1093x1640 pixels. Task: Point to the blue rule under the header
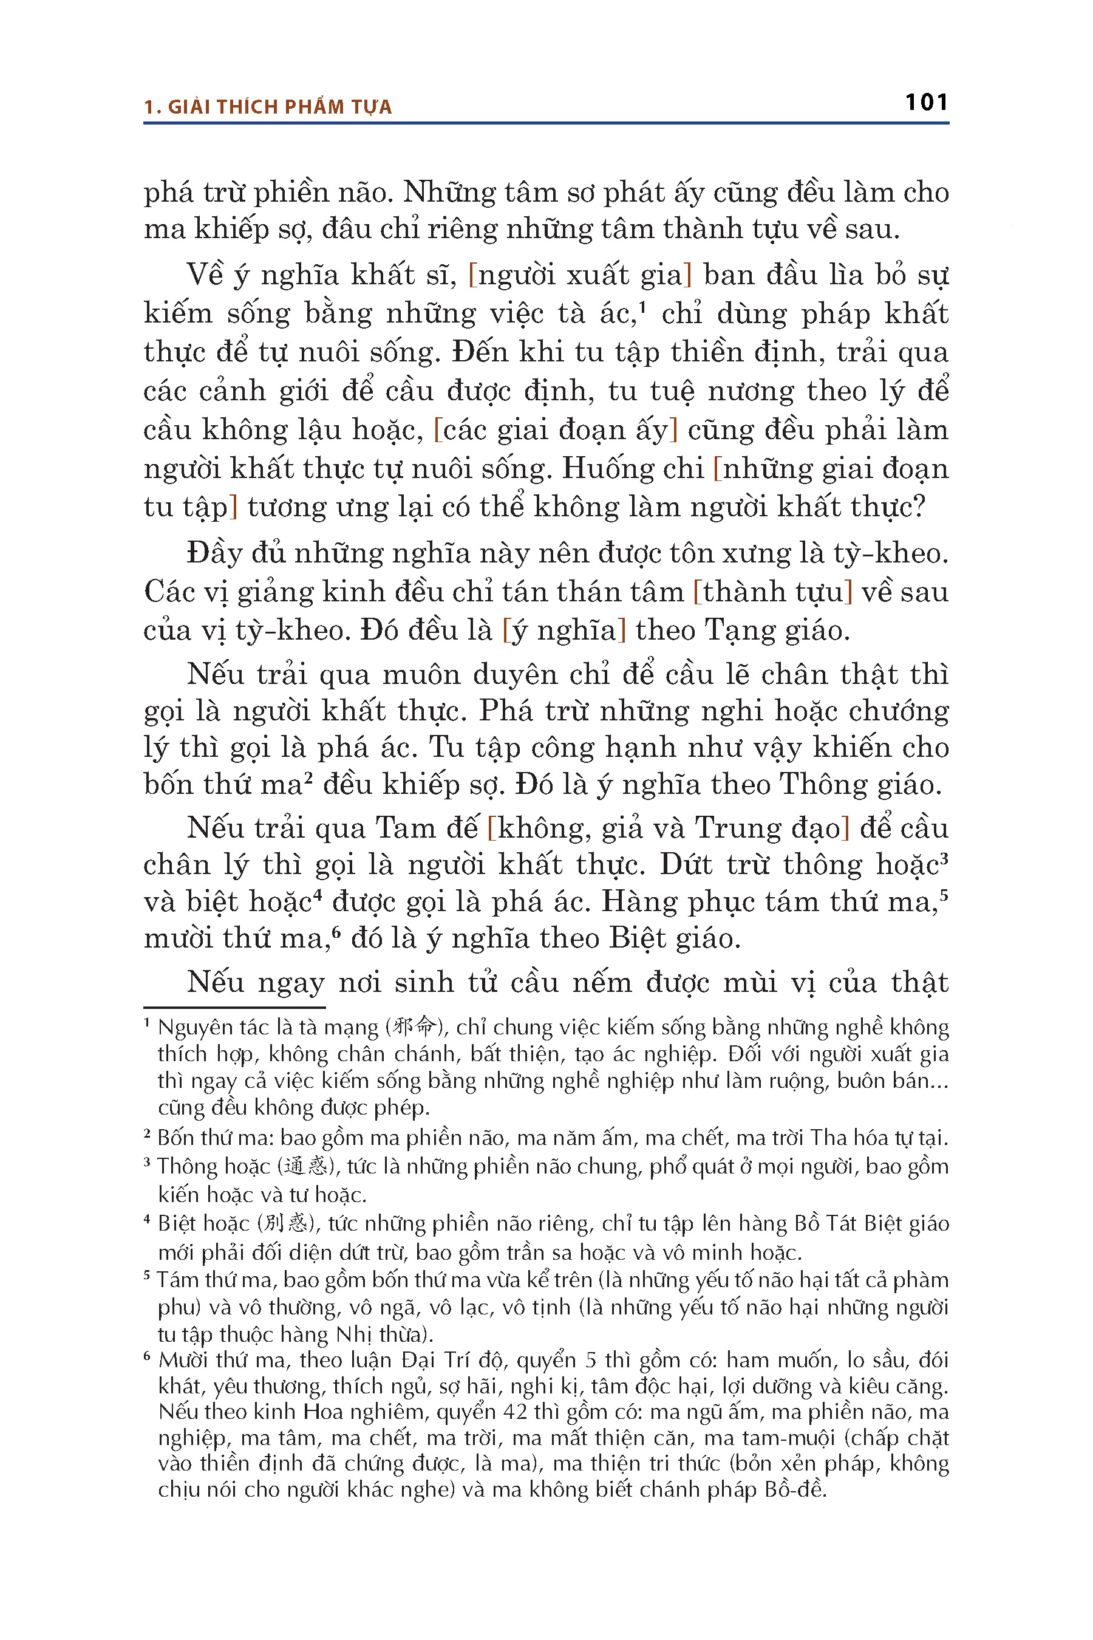pos(546,123)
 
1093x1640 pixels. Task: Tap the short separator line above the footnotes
pos(234,1007)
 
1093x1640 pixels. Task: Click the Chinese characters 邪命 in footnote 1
pos(414,1027)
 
